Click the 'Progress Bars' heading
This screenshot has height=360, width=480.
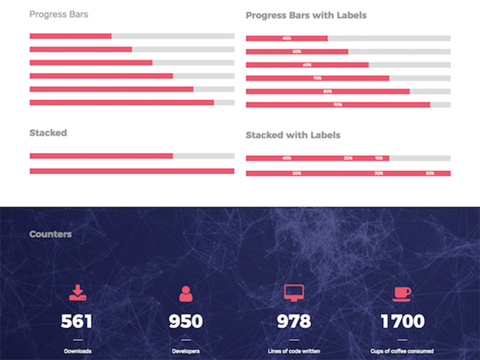tap(59, 14)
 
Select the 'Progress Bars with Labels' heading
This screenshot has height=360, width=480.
tap(306, 15)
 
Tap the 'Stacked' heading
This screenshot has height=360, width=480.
tap(48, 133)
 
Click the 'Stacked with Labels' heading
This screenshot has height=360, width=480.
tap(293, 135)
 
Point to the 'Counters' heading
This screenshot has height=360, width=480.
tap(50, 234)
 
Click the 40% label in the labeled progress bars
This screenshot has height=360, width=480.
tap(287, 38)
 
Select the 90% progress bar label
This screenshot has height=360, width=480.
tap(338, 104)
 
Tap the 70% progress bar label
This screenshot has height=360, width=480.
tap(317, 78)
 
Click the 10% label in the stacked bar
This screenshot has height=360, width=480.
tap(379, 158)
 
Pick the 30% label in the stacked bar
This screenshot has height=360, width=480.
tap(379, 173)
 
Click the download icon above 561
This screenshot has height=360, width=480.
tap(77, 292)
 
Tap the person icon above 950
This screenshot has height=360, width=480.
tap(185, 293)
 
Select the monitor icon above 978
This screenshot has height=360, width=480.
tap(294, 292)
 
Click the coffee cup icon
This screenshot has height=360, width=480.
tap(402, 293)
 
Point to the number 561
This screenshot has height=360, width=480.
tap(77, 322)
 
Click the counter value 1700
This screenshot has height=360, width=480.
tap(402, 322)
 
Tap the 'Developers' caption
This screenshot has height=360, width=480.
tap(185, 351)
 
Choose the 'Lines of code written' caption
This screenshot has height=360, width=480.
tap(294, 351)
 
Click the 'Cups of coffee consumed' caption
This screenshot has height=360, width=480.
tap(402, 351)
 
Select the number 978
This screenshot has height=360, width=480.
tap(294, 322)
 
